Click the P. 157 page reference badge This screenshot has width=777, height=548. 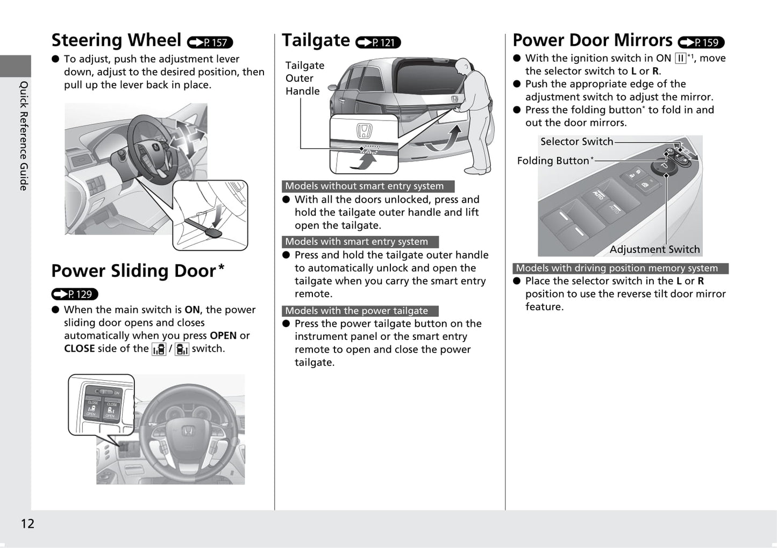(210, 42)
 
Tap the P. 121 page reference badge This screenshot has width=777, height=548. (378, 42)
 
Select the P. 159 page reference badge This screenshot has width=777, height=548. (701, 42)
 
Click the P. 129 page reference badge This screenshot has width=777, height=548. (75, 294)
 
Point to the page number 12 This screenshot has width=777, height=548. (27, 524)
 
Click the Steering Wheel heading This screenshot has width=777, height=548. (116, 40)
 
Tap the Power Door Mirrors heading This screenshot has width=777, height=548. (592, 40)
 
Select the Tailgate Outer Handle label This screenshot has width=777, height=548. (304, 79)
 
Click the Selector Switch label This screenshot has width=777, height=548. (576, 141)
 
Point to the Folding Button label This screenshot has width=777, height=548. (553, 161)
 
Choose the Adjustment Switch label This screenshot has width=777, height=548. (654, 250)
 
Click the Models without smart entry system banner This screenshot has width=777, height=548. (368, 186)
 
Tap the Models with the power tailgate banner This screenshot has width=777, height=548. (360, 311)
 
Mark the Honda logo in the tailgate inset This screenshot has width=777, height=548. (364, 131)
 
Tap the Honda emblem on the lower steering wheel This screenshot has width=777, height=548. (187, 430)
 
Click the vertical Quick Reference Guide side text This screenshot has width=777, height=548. (24, 135)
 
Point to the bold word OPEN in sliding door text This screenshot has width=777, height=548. (223, 336)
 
